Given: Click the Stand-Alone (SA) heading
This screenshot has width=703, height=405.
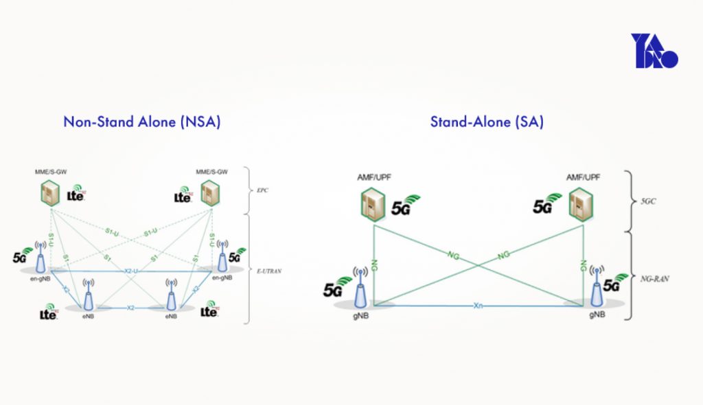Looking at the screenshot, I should tap(487, 122).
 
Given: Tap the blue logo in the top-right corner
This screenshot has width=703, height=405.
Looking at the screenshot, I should tap(654, 51).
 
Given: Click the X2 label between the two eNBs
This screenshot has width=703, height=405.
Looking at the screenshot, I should tap(130, 308).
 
